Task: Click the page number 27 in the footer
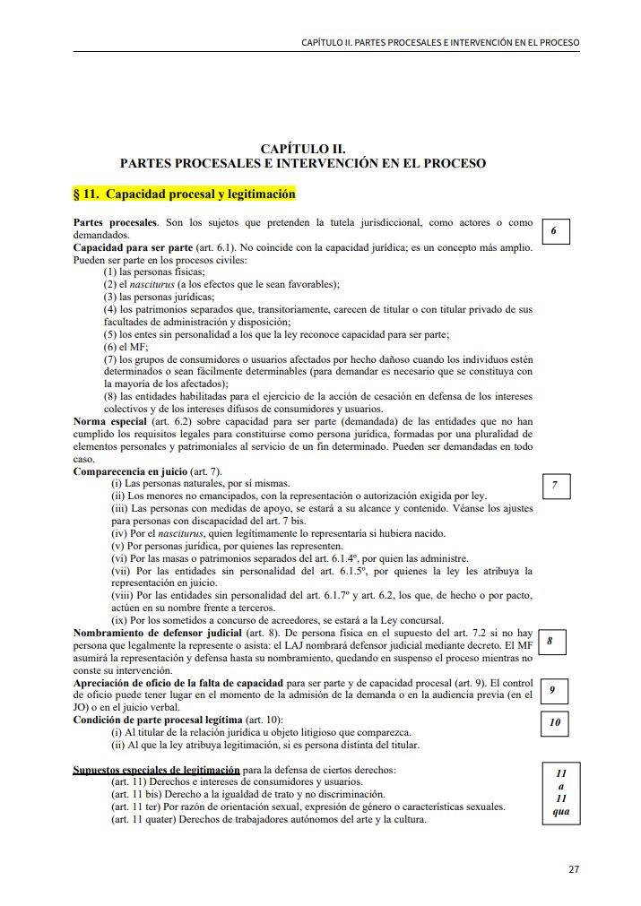coord(575,868)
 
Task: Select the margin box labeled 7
coord(555,485)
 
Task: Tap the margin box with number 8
coord(550,642)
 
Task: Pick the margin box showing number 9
coord(553,689)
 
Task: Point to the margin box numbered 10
coord(555,722)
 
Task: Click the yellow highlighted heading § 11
coord(184,194)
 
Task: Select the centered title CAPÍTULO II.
coord(303,149)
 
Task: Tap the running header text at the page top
coord(440,42)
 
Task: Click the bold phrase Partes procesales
coord(115,221)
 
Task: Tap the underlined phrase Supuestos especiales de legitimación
coord(156,769)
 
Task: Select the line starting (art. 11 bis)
coord(247,794)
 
